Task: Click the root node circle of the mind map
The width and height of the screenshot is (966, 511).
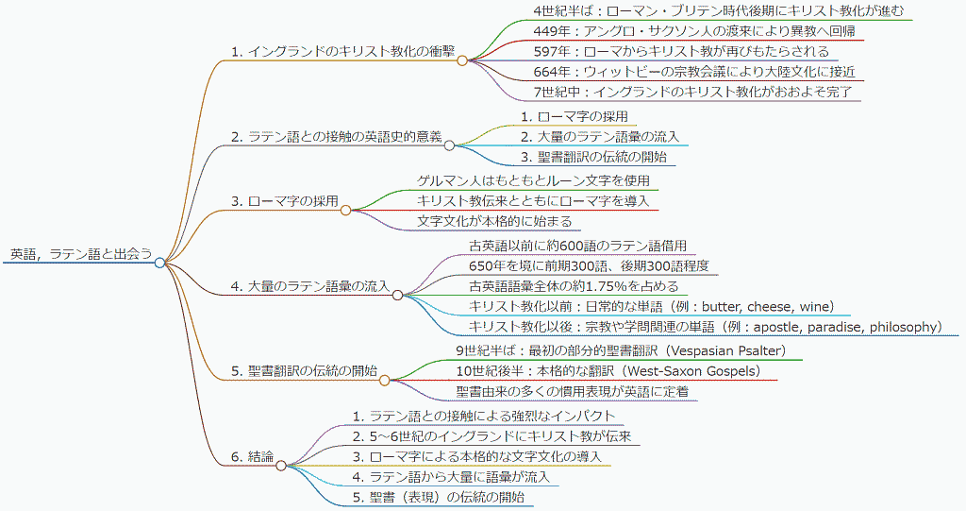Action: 160,263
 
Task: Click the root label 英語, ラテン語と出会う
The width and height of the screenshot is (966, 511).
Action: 81,254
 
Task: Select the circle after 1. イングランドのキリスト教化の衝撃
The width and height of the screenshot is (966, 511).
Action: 462,60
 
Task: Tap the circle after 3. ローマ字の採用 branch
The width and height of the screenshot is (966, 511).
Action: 345,211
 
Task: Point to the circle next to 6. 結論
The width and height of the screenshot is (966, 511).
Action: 281,466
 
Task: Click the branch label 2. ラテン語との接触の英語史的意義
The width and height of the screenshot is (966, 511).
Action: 337,136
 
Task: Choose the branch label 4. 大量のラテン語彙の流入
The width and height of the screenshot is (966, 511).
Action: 310,286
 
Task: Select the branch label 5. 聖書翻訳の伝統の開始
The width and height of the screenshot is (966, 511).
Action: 304,371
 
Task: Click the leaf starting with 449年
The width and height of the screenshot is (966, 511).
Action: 694,31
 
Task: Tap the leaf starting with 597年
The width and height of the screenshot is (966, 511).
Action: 681,51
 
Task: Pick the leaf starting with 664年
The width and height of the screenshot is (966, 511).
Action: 694,72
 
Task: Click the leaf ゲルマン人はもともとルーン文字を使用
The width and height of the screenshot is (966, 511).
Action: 534,180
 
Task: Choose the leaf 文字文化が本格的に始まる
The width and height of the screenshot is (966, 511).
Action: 494,221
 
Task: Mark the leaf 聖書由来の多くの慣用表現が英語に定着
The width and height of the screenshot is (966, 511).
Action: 573,391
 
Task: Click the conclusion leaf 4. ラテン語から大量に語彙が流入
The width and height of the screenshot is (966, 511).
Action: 451,476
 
